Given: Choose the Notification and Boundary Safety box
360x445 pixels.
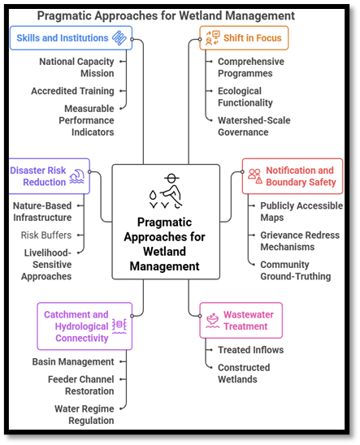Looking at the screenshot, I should coord(298,176).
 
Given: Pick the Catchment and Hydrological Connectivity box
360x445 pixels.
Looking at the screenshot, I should coord(85,326).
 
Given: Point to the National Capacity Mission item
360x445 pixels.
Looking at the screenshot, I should coord(78,67).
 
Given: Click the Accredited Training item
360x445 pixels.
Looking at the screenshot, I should coord(72,91).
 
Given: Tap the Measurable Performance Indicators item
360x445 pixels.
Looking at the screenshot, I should coord(78,120).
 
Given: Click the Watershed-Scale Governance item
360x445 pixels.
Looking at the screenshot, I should coord(254,126).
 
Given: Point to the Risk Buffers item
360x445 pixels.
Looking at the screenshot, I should coord(46,235).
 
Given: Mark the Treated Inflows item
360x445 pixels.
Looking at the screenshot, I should coord(251,350).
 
